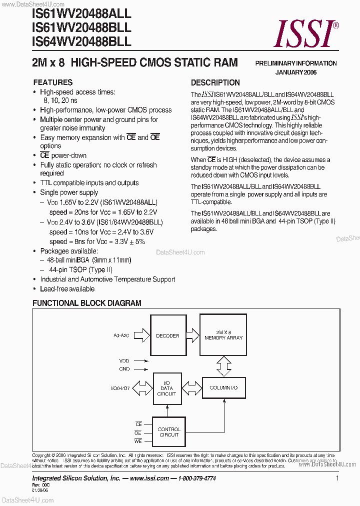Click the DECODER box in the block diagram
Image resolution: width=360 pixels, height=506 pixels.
tap(167, 335)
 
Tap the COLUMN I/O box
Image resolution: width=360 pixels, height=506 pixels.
tap(223, 388)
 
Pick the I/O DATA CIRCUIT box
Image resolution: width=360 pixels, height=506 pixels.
tap(167, 388)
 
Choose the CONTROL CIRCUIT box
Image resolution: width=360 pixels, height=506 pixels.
tap(168, 432)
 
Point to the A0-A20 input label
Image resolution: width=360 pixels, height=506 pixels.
tap(121, 336)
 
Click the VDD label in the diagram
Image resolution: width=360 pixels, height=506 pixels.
tap(124, 360)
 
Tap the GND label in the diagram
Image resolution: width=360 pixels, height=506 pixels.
tap(124, 369)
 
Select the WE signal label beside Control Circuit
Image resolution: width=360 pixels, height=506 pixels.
tap(138, 441)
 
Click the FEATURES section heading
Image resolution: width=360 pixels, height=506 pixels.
tap(52, 82)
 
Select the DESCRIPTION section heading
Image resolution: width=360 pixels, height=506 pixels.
tap(215, 83)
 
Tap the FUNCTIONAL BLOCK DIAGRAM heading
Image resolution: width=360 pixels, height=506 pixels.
tap(87, 303)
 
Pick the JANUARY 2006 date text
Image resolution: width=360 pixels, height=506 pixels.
tap(296, 72)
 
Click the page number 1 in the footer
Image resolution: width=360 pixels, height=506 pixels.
tap(337, 478)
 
